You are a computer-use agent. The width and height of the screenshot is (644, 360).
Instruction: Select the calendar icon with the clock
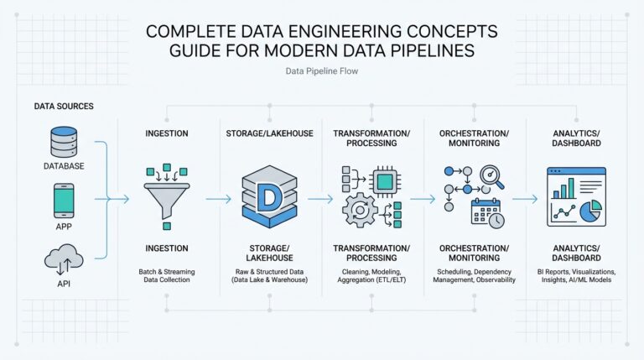(x=486, y=211)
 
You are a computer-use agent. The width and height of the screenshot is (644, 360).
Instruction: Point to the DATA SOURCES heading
(x=64, y=107)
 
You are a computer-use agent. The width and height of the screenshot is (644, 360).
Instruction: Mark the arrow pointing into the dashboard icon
(x=524, y=200)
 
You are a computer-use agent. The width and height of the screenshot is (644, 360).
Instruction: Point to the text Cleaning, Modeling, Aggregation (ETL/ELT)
(x=371, y=277)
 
